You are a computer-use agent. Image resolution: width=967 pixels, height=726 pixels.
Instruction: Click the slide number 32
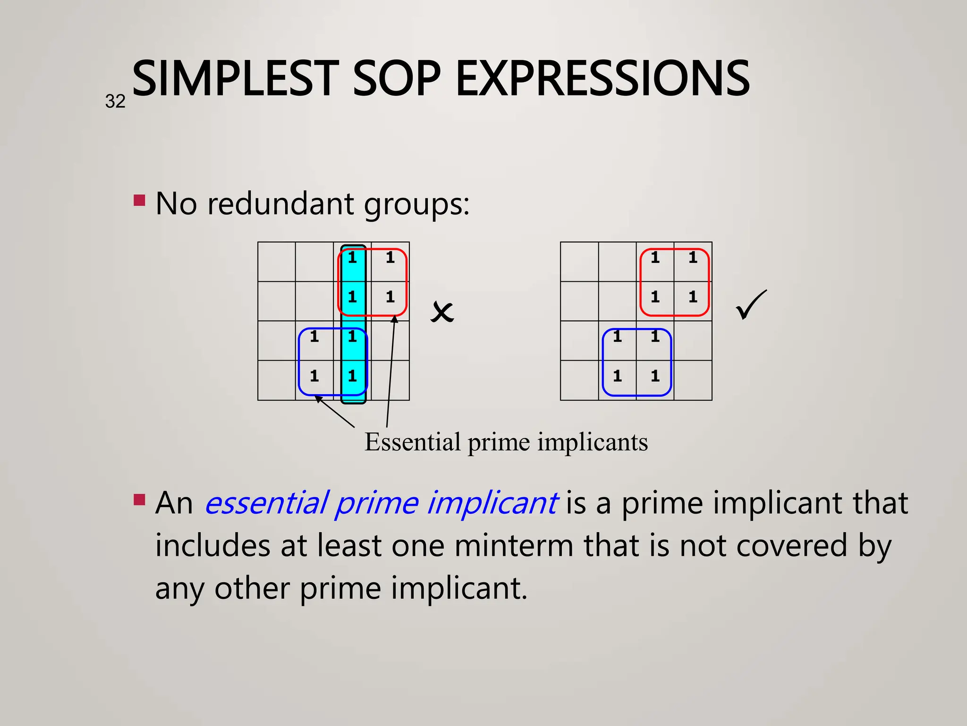point(115,102)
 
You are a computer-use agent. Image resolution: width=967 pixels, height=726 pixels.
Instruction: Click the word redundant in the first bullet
point(281,204)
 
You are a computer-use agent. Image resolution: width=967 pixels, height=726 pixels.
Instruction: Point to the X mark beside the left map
point(442,312)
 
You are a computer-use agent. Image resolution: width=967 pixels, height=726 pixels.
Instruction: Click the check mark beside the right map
point(751,305)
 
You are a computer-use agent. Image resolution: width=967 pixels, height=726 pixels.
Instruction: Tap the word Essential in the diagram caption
point(412,442)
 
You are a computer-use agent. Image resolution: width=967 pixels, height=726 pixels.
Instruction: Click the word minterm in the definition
point(514,545)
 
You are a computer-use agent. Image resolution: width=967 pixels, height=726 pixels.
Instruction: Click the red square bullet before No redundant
point(139,200)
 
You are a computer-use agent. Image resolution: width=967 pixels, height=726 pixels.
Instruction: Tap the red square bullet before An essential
point(139,500)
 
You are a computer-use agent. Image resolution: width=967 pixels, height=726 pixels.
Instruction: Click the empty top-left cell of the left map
point(277,262)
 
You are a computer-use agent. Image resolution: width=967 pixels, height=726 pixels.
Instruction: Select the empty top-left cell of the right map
point(579,262)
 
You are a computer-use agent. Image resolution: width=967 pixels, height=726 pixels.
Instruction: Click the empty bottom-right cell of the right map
point(693,380)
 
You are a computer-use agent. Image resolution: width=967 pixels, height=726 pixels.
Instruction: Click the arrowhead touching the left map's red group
point(395,320)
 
